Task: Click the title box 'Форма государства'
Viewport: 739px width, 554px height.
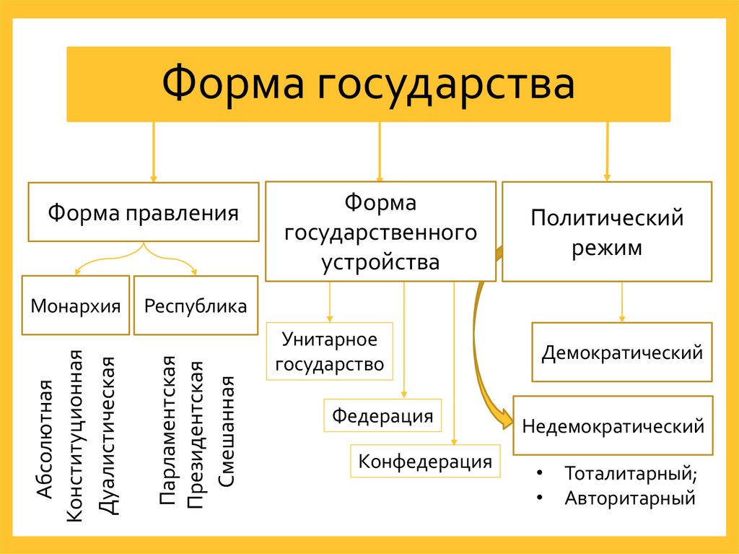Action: click(x=369, y=84)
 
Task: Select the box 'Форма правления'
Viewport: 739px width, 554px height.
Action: click(x=143, y=212)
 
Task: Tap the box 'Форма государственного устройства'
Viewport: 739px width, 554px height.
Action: click(x=380, y=232)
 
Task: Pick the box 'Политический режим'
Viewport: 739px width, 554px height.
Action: click(x=607, y=232)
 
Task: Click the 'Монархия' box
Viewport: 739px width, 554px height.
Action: click(x=76, y=306)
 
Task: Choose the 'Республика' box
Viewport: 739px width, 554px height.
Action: click(x=196, y=306)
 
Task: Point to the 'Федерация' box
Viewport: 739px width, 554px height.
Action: click(x=382, y=415)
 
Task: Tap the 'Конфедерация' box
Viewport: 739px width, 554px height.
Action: click(x=425, y=461)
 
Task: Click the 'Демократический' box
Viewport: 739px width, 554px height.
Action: click(x=622, y=352)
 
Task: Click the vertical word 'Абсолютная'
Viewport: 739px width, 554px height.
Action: click(x=45, y=438)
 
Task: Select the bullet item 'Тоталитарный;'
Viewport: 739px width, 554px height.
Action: click(x=631, y=475)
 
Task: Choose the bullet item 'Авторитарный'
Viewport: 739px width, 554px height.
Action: click(x=629, y=498)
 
